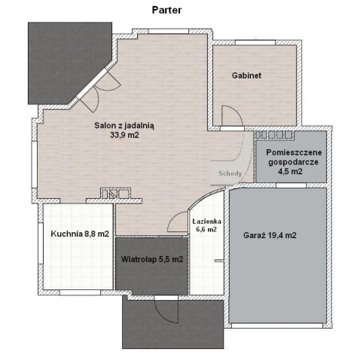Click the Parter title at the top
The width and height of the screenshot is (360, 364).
click(x=166, y=11)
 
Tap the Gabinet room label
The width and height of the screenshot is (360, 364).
click(x=246, y=75)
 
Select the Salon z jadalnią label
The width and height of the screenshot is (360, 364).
click(x=124, y=125)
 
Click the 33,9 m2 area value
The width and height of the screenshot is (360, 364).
click(x=124, y=135)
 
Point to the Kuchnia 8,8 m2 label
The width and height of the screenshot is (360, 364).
click(x=80, y=234)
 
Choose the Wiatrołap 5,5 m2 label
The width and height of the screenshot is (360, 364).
click(x=152, y=259)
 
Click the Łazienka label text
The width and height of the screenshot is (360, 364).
click(x=207, y=222)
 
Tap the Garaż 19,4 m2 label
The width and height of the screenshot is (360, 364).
click(x=270, y=235)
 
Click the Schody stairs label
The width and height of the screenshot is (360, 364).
click(x=230, y=173)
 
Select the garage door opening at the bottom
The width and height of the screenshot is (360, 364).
click(x=276, y=326)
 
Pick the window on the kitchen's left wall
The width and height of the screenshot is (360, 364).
click(x=41, y=243)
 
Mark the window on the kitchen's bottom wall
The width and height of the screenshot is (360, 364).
click(x=80, y=292)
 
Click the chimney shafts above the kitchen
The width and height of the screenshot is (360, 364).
click(x=115, y=194)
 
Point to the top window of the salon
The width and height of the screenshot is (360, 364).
click(x=168, y=32)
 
